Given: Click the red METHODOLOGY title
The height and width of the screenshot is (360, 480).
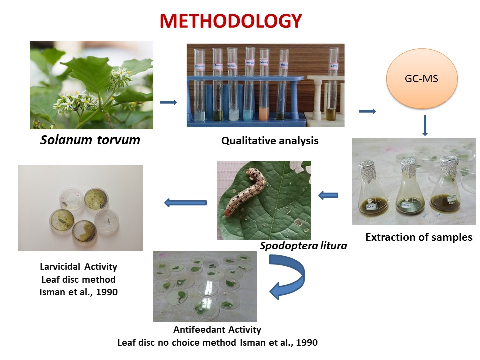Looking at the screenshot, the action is click(231, 21).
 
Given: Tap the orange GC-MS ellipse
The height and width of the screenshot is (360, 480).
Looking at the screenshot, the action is click(422, 78).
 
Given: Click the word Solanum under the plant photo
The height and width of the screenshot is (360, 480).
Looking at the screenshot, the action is click(66, 140).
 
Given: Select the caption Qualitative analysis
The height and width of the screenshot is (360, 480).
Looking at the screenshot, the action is click(270, 141).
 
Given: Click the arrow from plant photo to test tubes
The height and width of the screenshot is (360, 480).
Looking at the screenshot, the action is click(168, 102).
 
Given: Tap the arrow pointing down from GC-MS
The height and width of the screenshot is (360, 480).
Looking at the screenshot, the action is click(425, 126).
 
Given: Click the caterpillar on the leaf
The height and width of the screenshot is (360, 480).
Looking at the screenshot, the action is click(245, 191).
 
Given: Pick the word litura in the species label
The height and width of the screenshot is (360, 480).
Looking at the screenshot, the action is click(333, 246).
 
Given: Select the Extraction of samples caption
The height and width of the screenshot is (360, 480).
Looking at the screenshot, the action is click(419, 237).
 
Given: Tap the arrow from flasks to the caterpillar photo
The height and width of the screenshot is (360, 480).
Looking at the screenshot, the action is click(328, 195).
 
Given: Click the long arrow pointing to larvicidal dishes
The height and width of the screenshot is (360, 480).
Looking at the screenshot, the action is click(185, 202).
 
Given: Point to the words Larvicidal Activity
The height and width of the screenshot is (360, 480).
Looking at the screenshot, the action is click(78, 267).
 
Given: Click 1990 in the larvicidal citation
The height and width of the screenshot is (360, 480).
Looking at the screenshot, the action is click(107, 292).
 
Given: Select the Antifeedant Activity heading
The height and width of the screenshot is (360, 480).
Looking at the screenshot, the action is click(217, 329).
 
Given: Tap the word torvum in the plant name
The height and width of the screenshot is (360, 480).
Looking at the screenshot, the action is click(119, 140).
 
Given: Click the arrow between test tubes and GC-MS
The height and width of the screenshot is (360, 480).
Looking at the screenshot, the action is click(367, 111).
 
